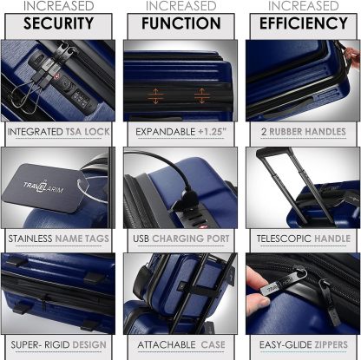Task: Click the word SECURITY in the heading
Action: pos(58,23)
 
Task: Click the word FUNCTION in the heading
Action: pos(181,23)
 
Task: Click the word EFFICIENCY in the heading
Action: pos(304,23)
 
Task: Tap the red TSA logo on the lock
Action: pos(56,75)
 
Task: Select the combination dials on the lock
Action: pos(82,100)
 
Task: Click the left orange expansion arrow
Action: pos(155,96)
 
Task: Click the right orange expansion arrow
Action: pos(201,95)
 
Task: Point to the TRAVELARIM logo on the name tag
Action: pos(43,187)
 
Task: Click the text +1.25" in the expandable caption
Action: pos(212,132)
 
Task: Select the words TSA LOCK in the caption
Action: pos(88,132)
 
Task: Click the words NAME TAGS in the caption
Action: pos(82,239)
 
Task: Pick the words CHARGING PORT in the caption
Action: pos(191,239)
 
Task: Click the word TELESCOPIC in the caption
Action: pos(284,239)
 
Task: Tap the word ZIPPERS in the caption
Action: pos(331,344)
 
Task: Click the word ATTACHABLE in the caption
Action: pos(167,344)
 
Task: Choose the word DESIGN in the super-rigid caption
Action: pos(89,344)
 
